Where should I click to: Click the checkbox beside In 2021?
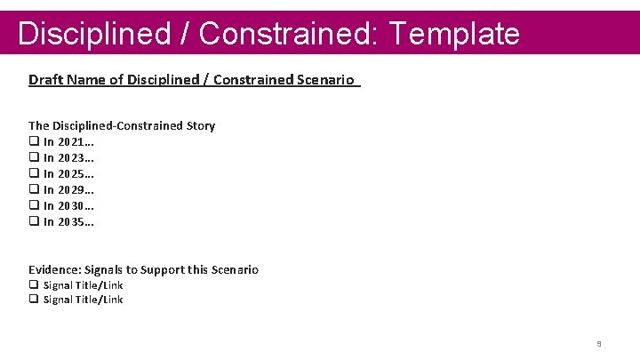coord(34,141)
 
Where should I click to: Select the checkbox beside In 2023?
coord(34,157)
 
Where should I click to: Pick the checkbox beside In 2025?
coord(34,173)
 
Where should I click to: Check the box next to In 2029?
coord(34,189)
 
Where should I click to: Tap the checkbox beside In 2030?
coord(34,205)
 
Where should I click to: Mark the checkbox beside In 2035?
coord(34,221)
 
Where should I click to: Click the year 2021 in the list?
coord(72,141)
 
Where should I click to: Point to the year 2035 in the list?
coord(72,221)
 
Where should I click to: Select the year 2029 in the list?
coord(72,189)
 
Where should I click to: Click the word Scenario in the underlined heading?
coord(330,80)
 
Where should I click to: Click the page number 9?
coord(599,343)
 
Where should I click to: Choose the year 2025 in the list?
coord(72,173)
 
